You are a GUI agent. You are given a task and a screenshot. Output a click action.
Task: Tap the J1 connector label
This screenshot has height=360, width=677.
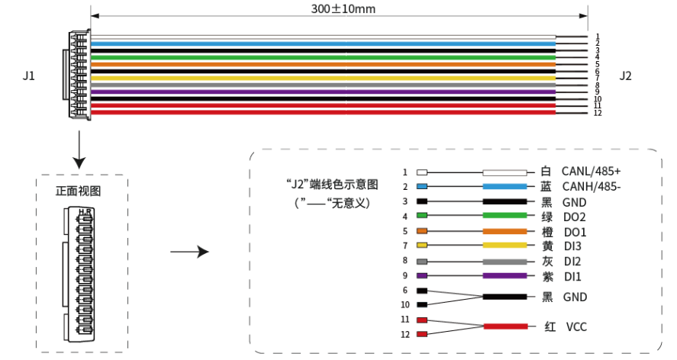[x=29, y=76]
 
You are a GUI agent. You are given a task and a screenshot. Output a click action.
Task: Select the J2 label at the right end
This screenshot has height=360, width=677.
[x=626, y=76]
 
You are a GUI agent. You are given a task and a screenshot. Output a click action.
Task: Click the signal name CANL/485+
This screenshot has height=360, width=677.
[x=592, y=172]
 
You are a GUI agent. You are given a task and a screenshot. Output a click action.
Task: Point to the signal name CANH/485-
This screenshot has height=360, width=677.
[x=591, y=187]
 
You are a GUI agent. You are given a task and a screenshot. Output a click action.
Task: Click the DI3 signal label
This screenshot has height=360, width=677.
[x=572, y=246]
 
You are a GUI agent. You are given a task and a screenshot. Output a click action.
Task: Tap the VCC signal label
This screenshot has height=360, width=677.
[x=576, y=326]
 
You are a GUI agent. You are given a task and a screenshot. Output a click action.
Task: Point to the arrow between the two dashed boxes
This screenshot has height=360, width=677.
[x=189, y=252]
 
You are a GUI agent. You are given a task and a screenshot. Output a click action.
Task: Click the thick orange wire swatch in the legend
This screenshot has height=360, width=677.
[x=505, y=231]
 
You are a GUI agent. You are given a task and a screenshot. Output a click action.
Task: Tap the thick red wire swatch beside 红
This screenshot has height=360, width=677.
[x=505, y=326]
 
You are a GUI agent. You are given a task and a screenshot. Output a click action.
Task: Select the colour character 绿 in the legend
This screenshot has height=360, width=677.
[x=547, y=217]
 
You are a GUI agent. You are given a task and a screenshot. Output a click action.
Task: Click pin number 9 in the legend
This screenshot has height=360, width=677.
[x=405, y=275]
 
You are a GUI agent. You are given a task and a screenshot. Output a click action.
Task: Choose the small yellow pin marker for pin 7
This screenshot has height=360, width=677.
[x=421, y=246]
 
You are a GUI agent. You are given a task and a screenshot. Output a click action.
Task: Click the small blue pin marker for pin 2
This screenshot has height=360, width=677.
[x=421, y=187]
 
